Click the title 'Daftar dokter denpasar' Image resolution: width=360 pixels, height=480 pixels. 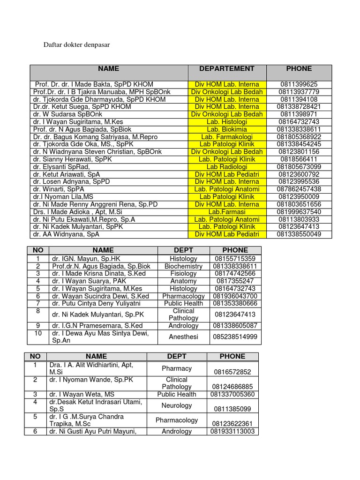pyautogui.click(x=77, y=45)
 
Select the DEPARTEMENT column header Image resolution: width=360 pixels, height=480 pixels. pyautogui.click(x=227, y=68)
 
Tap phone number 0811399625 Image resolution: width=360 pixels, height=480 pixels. pyautogui.click(x=299, y=84)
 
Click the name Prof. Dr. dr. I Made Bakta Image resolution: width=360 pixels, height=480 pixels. pyautogui.click(x=94, y=84)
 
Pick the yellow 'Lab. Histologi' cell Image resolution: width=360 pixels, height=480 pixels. pyautogui.click(x=227, y=122)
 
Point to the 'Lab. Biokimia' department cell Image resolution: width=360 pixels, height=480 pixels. pyautogui.click(x=227, y=129)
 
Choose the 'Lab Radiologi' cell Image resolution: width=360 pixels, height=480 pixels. pyautogui.click(x=227, y=167)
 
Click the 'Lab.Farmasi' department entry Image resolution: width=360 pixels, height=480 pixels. pyautogui.click(x=227, y=212)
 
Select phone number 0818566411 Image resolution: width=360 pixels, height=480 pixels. pyautogui.click(x=299, y=159)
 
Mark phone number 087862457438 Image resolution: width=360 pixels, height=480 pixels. pyautogui.click(x=299, y=189)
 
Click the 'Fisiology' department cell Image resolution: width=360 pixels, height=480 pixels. pyautogui.click(x=184, y=274)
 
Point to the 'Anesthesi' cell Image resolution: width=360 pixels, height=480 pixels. pyautogui.click(x=184, y=337)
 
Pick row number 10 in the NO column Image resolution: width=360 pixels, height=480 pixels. pyautogui.click(x=38, y=333)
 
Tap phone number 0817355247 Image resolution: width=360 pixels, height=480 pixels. pyautogui.click(x=235, y=281)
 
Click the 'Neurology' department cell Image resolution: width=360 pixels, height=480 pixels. pyautogui.click(x=177, y=405)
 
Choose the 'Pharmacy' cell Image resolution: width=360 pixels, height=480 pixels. pyautogui.click(x=177, y=368)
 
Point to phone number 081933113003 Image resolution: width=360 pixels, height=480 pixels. pyautogui.click(x=232, y=431)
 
